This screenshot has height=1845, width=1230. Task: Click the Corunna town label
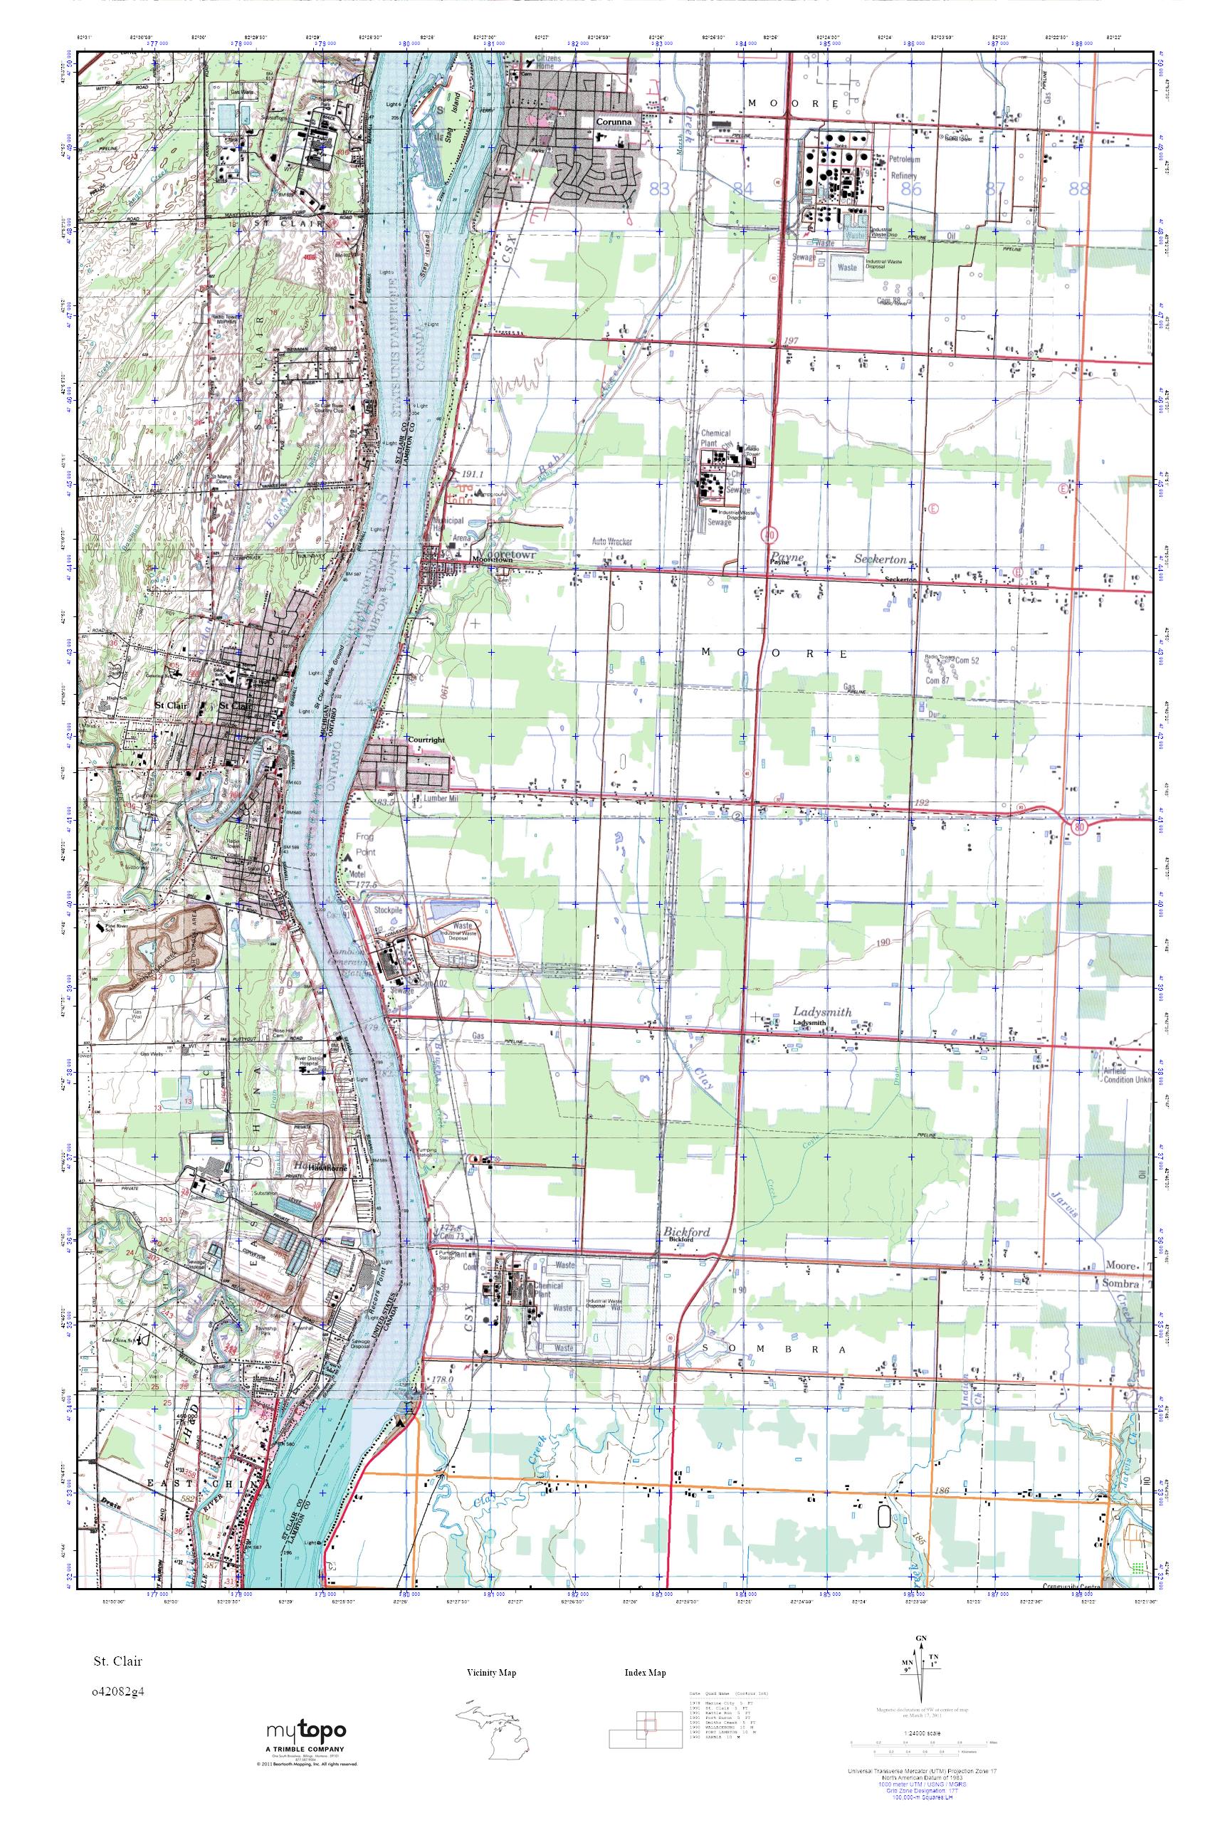[x=614, y=122]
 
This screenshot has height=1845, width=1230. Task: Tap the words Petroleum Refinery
[x=905, y=167]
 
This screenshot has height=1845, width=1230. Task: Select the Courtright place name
[x=426, y=740]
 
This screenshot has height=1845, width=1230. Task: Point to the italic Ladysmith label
[x=821, y=1012]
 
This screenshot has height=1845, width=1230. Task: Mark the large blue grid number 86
[x=910, y=189]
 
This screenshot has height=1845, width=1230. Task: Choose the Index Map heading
[x=645, y=1673]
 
